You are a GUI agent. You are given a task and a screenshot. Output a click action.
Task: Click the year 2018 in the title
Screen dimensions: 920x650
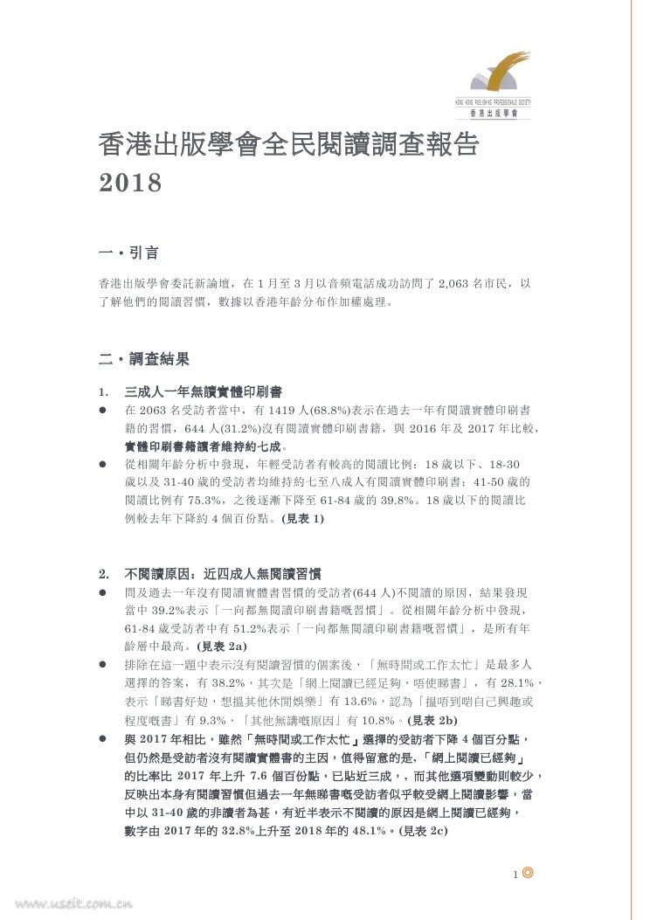(131, 184)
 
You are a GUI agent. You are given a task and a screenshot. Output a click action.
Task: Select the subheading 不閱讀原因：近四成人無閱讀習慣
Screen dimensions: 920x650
(223, 574)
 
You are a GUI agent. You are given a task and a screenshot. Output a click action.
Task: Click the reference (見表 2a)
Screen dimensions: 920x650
(223, 647)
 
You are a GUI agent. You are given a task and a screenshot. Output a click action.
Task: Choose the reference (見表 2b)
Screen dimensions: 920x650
(433, 720)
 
